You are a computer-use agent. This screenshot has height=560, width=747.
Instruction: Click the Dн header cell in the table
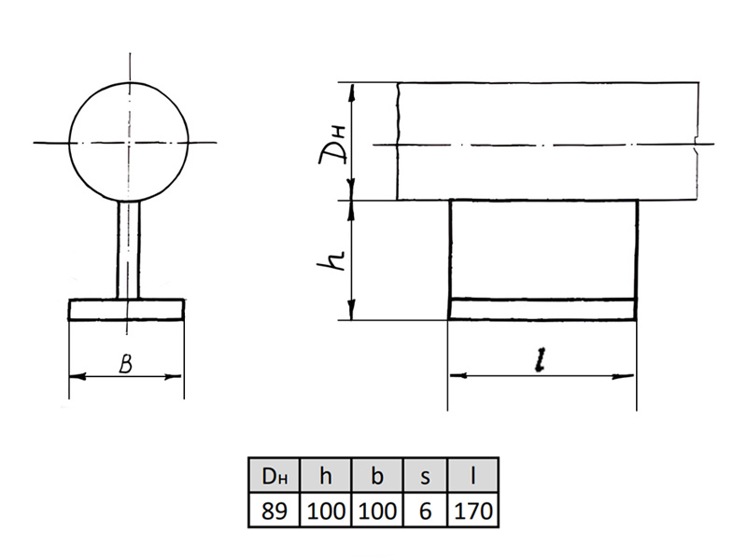point(275,475)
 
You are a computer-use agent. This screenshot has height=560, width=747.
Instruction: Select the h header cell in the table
point(325,475)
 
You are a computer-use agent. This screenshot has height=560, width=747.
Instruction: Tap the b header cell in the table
point(377,475)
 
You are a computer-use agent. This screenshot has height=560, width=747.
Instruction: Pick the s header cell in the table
point(426,475)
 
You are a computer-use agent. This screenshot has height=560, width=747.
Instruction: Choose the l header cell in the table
point(472,475)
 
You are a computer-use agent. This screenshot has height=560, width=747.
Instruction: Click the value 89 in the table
point(275,511)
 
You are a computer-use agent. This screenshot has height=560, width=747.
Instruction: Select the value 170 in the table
point(473,511)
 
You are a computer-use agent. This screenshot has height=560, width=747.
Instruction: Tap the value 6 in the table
point(426,511)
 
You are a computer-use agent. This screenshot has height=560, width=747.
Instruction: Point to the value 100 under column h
point(326,511)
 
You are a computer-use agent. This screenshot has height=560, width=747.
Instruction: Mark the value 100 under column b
point(377,511)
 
